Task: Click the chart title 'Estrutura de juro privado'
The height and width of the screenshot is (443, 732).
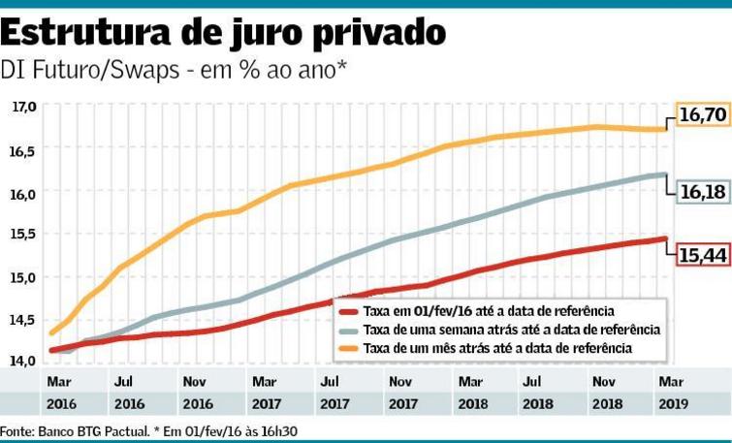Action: (x=224, y=33)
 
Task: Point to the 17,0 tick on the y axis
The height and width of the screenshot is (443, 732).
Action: (x=23, y=107)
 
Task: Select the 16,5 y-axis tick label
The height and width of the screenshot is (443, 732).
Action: (x=23, y=151)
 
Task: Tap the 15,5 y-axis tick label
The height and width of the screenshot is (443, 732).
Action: (x=23, y=235)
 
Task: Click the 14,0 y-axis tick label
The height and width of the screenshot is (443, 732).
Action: (x=23, y=360)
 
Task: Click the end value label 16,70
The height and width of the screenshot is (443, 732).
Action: (x=702, y=115)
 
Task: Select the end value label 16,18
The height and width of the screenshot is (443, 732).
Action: (x=702, y=192)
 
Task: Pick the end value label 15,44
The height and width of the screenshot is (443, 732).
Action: (x=702, y=254)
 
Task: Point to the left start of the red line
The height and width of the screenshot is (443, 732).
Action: (x=50, y=350)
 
